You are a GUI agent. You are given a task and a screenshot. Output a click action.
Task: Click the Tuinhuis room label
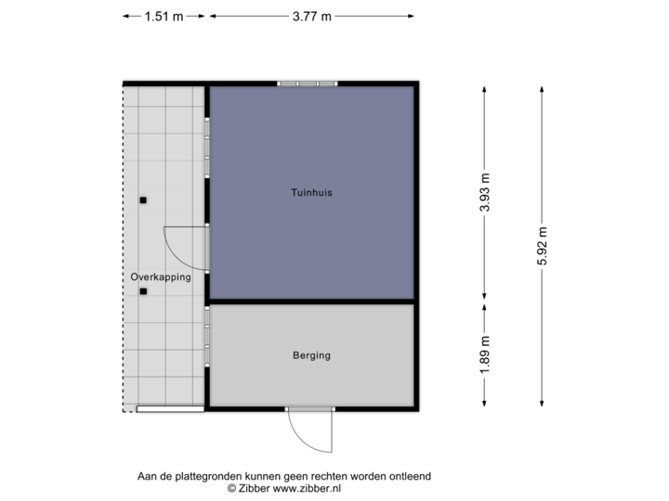tap(311, 194)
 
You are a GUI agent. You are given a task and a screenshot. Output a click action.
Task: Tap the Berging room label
tap(311, 355)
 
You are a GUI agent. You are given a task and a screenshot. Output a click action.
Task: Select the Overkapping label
tap(161, 276)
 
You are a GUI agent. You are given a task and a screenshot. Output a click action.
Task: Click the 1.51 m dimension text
tap(163, 16)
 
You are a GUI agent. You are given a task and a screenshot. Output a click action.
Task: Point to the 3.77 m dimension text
tap(311, 16)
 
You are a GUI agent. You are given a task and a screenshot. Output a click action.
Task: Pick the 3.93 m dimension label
tap(484, 193)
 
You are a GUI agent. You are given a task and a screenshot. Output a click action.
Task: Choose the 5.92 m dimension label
tap(542, 246)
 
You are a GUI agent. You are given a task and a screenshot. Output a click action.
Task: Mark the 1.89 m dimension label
tap(484, 354)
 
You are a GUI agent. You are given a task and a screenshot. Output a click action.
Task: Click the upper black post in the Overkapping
tap(143, 200)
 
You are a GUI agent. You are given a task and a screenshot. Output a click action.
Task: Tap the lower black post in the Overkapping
tap(143, 293)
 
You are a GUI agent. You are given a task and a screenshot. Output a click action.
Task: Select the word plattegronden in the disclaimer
tap(192, 476)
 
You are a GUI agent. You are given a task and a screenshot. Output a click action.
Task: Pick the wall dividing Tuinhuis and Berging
tap(311, 302)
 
